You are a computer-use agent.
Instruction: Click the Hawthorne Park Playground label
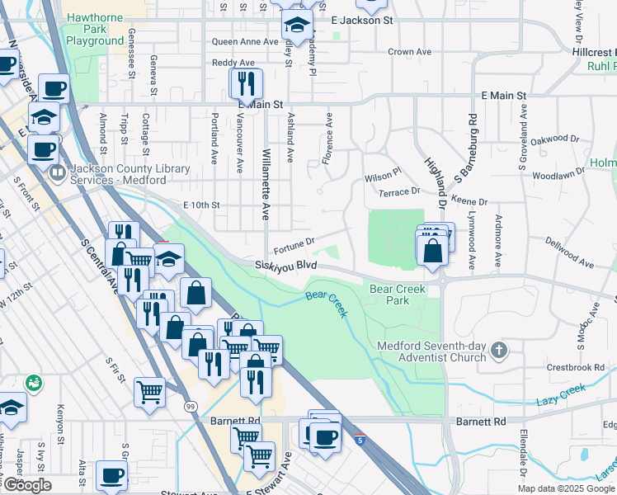point(95,28)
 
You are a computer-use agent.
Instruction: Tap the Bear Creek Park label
point(389,295)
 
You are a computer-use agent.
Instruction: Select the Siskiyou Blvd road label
point(285,265)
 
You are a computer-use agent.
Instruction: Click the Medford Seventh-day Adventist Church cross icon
point(498,351)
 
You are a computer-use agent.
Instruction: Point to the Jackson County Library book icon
point(57,174)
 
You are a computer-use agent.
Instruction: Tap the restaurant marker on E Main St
point(246,84)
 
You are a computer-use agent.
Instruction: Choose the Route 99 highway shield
point(191,407)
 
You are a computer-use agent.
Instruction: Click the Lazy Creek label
point(560,394)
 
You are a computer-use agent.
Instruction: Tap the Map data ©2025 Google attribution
point(565,488)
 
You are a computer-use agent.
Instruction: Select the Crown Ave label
point(410,51)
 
